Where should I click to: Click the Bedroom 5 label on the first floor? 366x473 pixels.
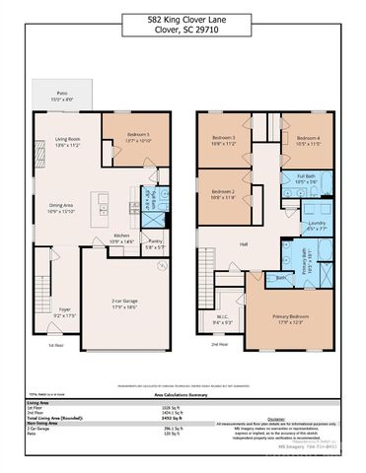138,135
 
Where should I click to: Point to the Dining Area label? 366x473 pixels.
61,207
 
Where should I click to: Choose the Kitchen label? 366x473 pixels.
121,236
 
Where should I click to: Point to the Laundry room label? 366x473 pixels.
317,223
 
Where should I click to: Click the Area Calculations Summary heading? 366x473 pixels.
183,391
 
